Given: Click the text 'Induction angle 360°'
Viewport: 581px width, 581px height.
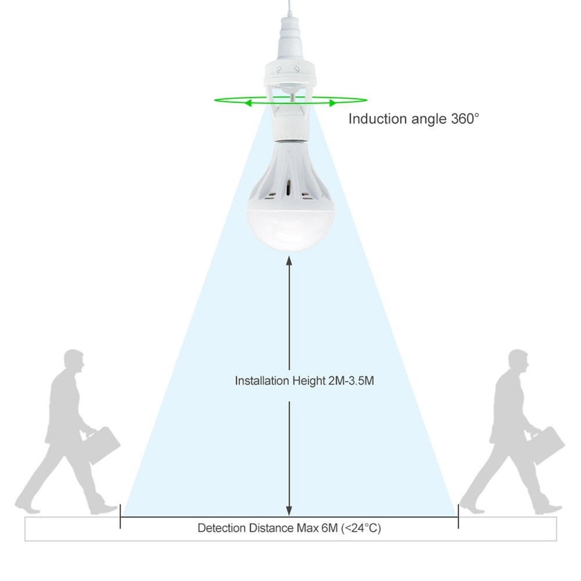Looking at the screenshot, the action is (x=414, y=119).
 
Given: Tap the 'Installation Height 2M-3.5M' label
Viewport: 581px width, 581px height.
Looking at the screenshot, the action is (x=304, y=381).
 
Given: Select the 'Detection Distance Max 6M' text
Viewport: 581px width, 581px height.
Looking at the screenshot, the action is (x=267, y=528).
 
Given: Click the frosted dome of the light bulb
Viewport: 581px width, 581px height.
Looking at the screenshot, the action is (x=290, y=229).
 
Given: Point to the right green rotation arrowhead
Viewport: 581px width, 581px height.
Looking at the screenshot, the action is (x=333, y=103).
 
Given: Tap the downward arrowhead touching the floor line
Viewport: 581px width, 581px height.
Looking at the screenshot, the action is (x=289, y=511).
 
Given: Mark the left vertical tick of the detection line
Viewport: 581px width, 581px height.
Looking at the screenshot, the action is (x=120, y=516).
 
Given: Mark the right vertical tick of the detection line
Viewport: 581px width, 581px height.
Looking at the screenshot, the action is (x=458, y=516).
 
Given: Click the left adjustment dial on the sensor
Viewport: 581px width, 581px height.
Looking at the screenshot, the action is (x=279, y=69).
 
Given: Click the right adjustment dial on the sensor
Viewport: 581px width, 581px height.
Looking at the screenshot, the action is (x=296, y=69).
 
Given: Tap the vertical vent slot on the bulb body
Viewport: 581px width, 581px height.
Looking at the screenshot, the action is (x=289, y=188).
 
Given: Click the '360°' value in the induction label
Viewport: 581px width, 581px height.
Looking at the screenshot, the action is (x=465, y=119).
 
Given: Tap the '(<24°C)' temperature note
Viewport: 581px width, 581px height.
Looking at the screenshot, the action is (x=361, y=528).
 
